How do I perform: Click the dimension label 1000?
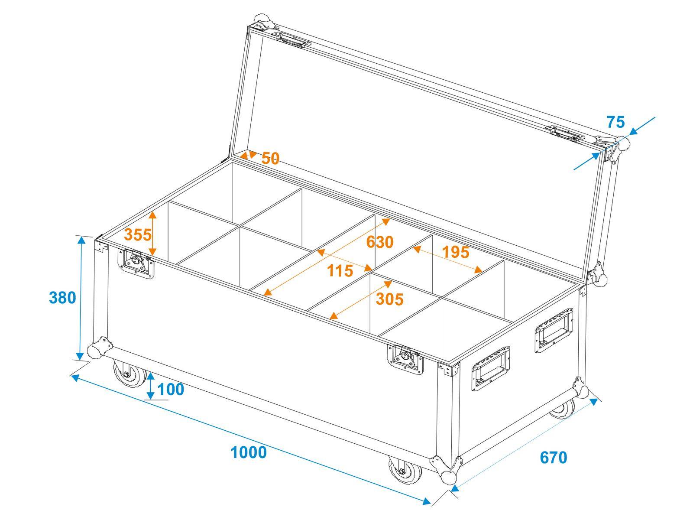point(248,452)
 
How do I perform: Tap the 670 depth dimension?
point(553,457)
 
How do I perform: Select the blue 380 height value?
point(62,298)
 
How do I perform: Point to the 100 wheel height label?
point(170,390)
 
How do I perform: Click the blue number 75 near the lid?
point(615,122)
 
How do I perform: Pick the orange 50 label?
point(270,159)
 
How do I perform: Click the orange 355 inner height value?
point(138,234)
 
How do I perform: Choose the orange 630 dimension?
point(379,242)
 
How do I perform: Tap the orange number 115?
point(340,271)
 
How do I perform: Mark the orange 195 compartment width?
point(455,252)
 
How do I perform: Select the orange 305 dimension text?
point(389,299)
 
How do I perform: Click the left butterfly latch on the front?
point(136,263)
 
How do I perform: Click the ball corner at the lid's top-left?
point(262,21)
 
